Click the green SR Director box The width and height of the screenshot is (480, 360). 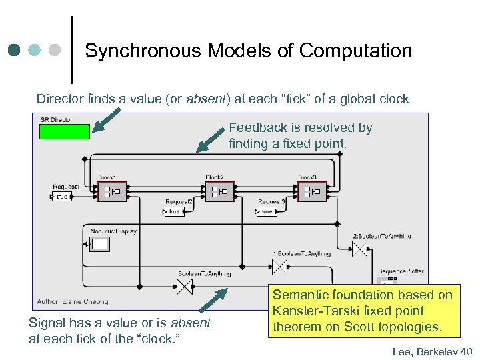pyautogui.click(x=64, y=131)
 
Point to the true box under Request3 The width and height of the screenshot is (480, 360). pyautogui.click(x=267, y=211)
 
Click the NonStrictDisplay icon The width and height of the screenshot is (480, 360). pyautogui.click(x=100, y=245)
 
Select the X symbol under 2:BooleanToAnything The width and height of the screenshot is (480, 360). pyautogui.click(x=359, y=249)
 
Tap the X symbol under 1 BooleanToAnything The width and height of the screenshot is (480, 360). pyautogui.click(x=279, y=267)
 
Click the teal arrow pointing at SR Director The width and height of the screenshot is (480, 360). pyautogui.click(x=107, y=120)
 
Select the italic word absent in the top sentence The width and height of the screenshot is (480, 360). pyautogui.click(x=206, y=99)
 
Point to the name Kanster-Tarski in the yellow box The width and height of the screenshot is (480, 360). pyautogui.click(x=311, y=311)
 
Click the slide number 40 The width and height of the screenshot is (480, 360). pyautogui.click(x=465, y=351)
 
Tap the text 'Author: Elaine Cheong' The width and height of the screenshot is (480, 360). pyautogui.click(x=73, y=301)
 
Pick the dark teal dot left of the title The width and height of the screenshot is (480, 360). pyautogui.click(x=14, y=50)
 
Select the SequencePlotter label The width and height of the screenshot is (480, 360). pyautogui.click(x=401, y=271)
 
